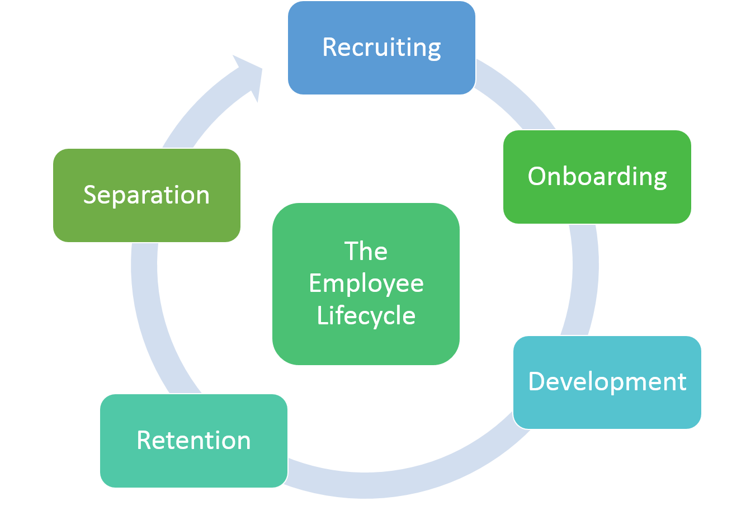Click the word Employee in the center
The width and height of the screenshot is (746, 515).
[366, 284]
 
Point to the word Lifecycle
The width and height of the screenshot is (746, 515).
[366, 315]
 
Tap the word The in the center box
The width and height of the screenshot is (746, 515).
[366, 251]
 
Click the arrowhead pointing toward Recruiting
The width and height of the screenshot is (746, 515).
[248, 75]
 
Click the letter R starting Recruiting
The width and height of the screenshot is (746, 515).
[330, 48]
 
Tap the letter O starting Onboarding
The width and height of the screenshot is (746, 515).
[537, 177]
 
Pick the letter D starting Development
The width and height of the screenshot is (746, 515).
[537, 382]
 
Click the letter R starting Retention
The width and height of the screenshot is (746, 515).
[144, 441]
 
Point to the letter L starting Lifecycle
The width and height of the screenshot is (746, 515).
[322, 315]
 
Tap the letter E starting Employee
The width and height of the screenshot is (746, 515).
[315, 284]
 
